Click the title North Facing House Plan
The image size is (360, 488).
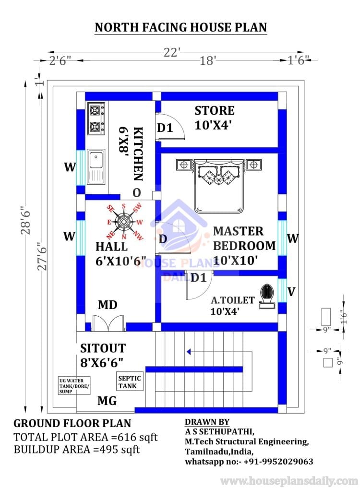pyautogui.click(x=180, y=27)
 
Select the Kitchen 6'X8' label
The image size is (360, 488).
pyautogui.click(x=131, y=153)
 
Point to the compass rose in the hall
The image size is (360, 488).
pyautogui.click(x=124, y=221)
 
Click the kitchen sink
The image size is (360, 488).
pyautogui.click(x=96, y=166)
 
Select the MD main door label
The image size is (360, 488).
pyautogui.click(x=108, y=305)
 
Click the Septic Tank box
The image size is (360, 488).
pyautogui.click(x=129, y=382)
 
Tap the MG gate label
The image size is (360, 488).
pyautogui.click(x=107, y=401)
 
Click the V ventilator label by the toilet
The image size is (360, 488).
pyautogui.click(x=291, y=291)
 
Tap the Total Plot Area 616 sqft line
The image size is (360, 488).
pyautogui.click(x=85, y=437)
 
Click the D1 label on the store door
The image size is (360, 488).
pyautogui.click(x=165, y=128)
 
